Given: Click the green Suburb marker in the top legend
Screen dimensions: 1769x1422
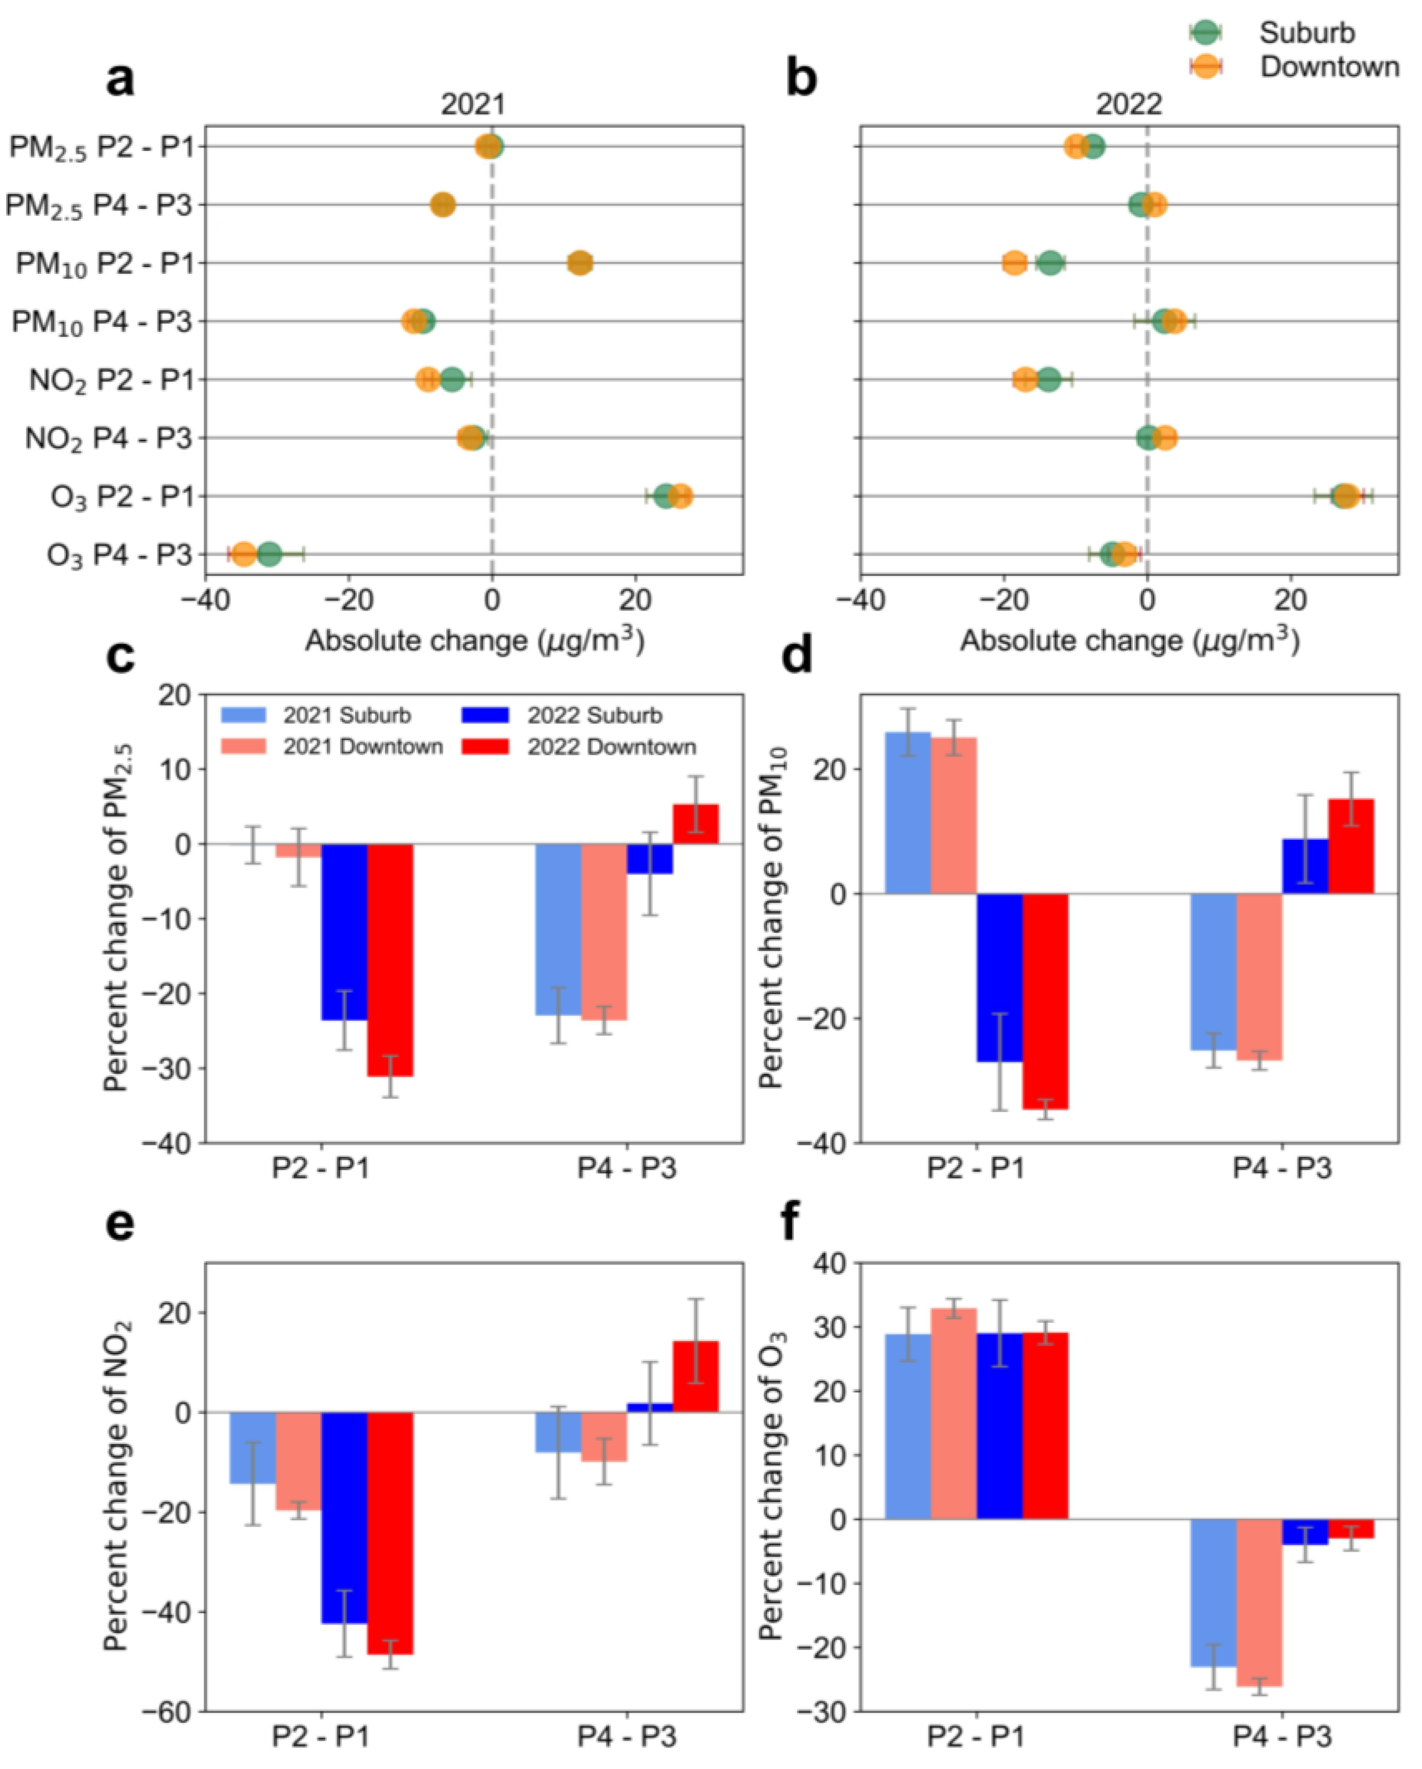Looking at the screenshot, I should tap(1205, 33).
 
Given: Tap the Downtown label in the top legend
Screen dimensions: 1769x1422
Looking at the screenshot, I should tap(1329, 67).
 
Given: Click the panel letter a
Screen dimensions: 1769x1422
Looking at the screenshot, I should tap(121, 80).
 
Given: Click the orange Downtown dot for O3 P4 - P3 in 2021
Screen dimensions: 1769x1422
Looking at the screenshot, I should tap(244, 554).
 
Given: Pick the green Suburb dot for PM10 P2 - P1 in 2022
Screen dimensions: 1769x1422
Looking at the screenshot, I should tap(1050, 263).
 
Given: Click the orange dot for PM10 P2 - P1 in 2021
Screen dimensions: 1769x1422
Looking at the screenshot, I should tap(580, 263).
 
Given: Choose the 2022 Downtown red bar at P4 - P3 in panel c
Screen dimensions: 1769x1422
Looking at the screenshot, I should tap(695, 824).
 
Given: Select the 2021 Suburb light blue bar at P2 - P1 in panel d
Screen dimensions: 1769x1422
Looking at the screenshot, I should tap(908, 812).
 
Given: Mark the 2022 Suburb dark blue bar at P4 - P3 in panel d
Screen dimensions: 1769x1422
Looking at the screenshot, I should tap(1305, 867).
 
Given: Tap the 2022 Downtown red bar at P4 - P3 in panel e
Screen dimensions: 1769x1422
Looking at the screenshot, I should tap(695, 1376).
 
